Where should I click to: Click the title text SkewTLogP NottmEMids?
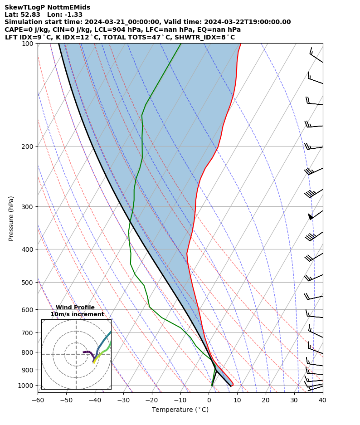point(47,7)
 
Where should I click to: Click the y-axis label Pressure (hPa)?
point(11,218)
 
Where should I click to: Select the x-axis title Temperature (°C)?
point(180,410)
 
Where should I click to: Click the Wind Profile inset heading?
point(75,308)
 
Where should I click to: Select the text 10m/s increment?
point(77,314)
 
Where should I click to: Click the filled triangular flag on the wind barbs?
point(311,216)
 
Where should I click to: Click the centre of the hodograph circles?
point(76,354)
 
